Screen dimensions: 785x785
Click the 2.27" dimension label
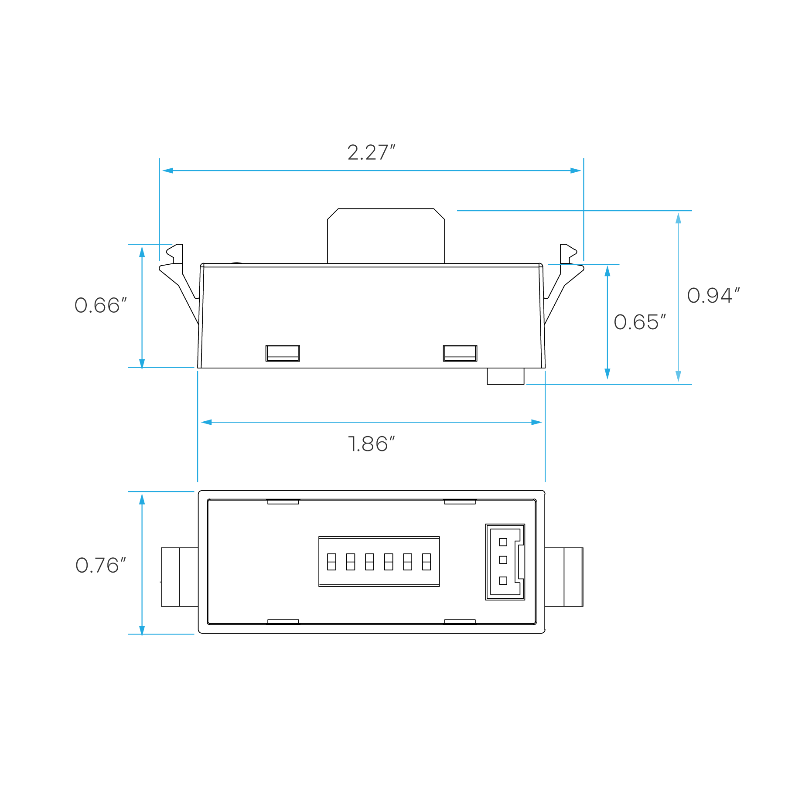(x=371, y=153)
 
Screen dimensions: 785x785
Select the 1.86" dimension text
(x=372, y=444)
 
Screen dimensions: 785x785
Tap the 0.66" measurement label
(x=100, y=305)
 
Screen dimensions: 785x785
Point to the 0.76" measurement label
(x=100, y=566)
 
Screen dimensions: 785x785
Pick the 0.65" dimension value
(x=639, y=322)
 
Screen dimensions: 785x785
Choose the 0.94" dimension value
(x=713, y=296)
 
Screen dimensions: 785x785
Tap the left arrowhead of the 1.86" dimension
(x=206, y=422)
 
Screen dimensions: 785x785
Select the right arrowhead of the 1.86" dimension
(x=537, y=422)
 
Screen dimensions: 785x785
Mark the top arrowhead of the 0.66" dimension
(x=142, y=252)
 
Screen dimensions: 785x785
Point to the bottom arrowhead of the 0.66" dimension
(x=142, y=363)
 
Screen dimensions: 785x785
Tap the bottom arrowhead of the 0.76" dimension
(x=142, y=631)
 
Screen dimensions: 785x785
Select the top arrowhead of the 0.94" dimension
(x=678, y=218)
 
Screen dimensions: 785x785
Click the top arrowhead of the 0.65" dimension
(x=607, y=271)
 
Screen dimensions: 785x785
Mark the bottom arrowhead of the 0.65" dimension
(x=607, y=374)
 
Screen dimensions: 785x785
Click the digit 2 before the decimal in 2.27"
(x=353, y=153)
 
